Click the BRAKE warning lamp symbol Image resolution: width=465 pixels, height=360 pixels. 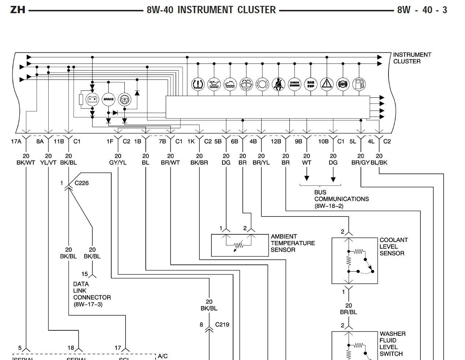point(108,99)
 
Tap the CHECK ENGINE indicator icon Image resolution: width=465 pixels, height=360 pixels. point(295,84)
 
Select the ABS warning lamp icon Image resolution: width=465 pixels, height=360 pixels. point(343,84)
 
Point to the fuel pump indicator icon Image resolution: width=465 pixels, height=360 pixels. point(359,84)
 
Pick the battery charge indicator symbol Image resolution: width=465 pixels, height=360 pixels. point(92,99)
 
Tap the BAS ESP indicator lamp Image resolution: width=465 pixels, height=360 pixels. point(311,84)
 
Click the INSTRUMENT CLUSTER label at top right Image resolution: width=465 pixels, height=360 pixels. point(412,58)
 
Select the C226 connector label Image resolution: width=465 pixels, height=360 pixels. point(82,183)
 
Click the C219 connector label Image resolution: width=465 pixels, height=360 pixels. point(222,324)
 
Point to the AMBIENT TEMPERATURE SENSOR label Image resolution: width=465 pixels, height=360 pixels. point(292,243)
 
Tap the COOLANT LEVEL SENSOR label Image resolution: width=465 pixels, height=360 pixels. point(393,246)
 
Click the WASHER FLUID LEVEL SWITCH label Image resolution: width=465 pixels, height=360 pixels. point(392,344)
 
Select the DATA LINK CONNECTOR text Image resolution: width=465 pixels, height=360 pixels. point(91,294)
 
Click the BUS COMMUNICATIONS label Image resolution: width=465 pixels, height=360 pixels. point(341,199)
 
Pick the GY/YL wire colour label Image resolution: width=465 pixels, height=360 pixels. point(118,163)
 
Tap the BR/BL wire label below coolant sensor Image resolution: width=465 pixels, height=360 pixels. point(348,312)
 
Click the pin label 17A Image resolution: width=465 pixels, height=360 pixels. point(16,141)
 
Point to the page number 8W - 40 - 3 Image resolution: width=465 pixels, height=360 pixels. point(422,10)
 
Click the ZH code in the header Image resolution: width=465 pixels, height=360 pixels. point(18,10)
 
